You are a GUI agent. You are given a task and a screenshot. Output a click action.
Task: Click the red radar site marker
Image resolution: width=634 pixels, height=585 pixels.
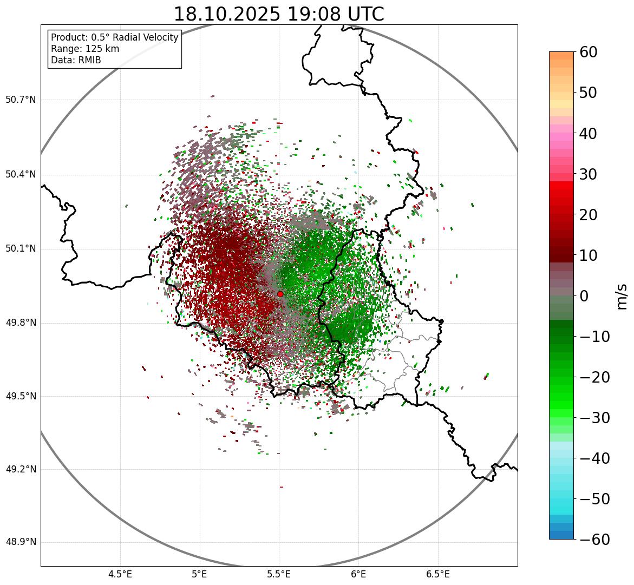[280, 294]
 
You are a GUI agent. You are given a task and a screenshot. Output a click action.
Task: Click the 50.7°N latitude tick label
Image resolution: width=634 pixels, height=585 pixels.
[21, 100]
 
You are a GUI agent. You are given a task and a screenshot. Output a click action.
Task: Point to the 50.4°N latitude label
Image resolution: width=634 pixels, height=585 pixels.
[21, 174]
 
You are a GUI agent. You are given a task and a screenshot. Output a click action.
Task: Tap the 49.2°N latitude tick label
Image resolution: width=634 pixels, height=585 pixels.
[21, 469]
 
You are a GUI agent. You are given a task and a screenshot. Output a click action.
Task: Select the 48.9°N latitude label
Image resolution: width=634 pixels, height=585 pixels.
[21, 542]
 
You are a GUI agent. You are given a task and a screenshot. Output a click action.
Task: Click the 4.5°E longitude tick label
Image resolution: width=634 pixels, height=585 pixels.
[120, 574]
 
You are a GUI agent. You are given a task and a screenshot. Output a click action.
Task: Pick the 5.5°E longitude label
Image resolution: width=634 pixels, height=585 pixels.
[279, 574]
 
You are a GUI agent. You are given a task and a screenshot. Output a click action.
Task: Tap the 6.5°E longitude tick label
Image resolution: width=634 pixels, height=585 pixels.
[437, 574]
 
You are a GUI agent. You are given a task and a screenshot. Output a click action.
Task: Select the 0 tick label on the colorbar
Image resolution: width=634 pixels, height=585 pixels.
[584, 296]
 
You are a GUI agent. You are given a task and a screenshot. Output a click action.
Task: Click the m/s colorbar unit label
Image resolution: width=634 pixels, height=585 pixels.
[622, 295]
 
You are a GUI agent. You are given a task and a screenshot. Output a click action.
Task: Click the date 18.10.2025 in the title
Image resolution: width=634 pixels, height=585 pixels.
[227, 14]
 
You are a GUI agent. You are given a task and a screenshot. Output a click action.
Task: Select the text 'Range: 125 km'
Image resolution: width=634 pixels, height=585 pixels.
[85, 49]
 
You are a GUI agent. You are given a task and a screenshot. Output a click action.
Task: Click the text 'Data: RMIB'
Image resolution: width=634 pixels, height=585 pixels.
[76, 60]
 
